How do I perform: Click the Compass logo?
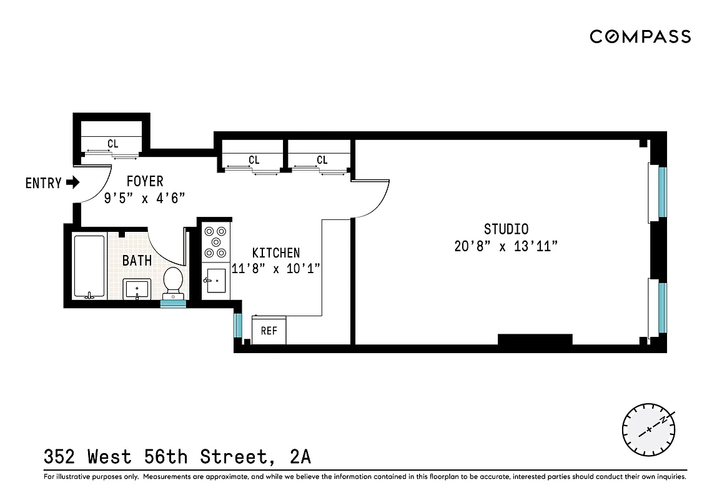(640, 36)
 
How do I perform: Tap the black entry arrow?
(73, 183)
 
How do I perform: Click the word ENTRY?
(43, 183)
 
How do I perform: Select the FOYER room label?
(145, 181)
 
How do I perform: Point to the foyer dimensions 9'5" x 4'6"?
(145, 198)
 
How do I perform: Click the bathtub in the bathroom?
(89, 266)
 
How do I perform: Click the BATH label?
(137, 261)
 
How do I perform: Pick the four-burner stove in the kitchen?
(216, 242)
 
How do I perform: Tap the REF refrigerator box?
(269, 331)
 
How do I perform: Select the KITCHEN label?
(275, 253)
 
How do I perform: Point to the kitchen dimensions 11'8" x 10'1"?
(275, 269)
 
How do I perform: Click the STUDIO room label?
(506, 229)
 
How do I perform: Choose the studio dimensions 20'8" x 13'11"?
(506, 246)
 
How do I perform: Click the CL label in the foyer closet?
(112, 144)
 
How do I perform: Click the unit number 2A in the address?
(300, 457)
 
